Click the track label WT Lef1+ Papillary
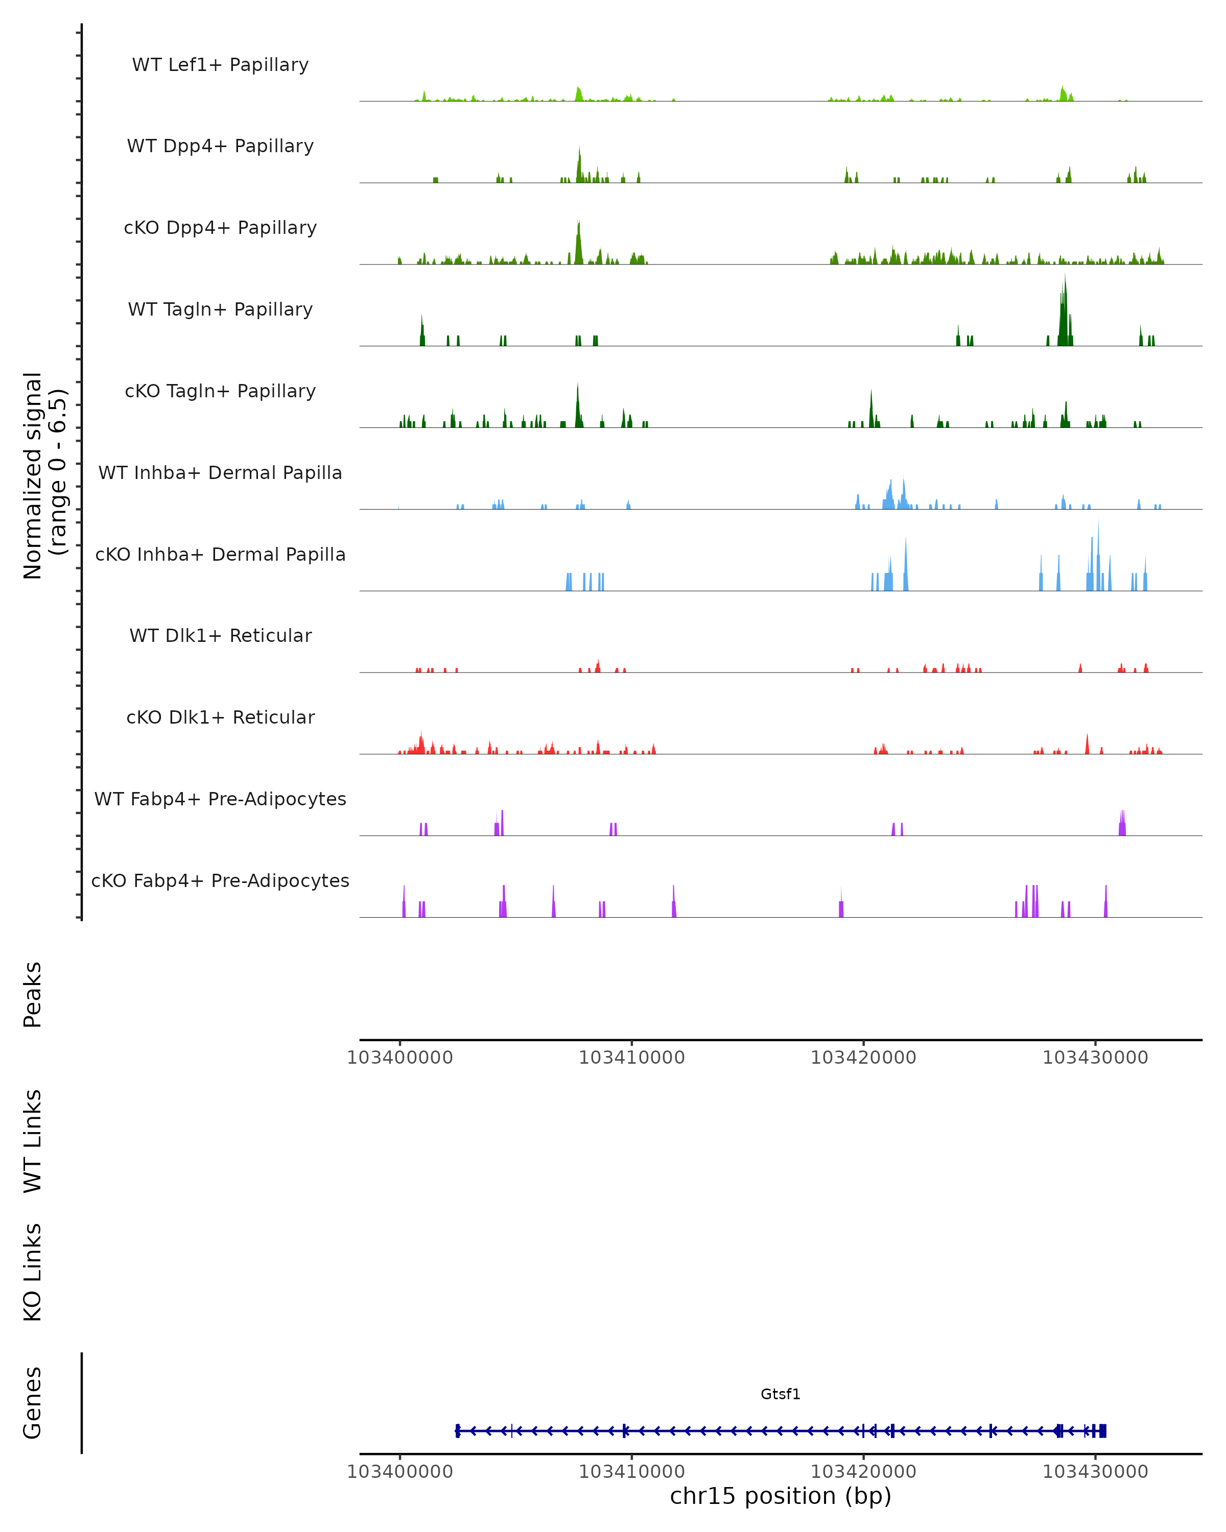click(220, 65)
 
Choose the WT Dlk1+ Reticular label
click(220, 635)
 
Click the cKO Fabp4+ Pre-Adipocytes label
click(220, 880)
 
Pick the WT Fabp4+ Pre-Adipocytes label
click(220, 799)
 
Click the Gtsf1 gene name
click(781, 1394)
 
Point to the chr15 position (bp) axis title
click(781, 1496)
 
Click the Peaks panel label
click(33, 995)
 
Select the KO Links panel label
click(33, 1272)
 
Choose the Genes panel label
click(33, 1403)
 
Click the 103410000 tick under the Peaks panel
click(632, 1058)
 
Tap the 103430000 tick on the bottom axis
click(1095, 1472)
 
